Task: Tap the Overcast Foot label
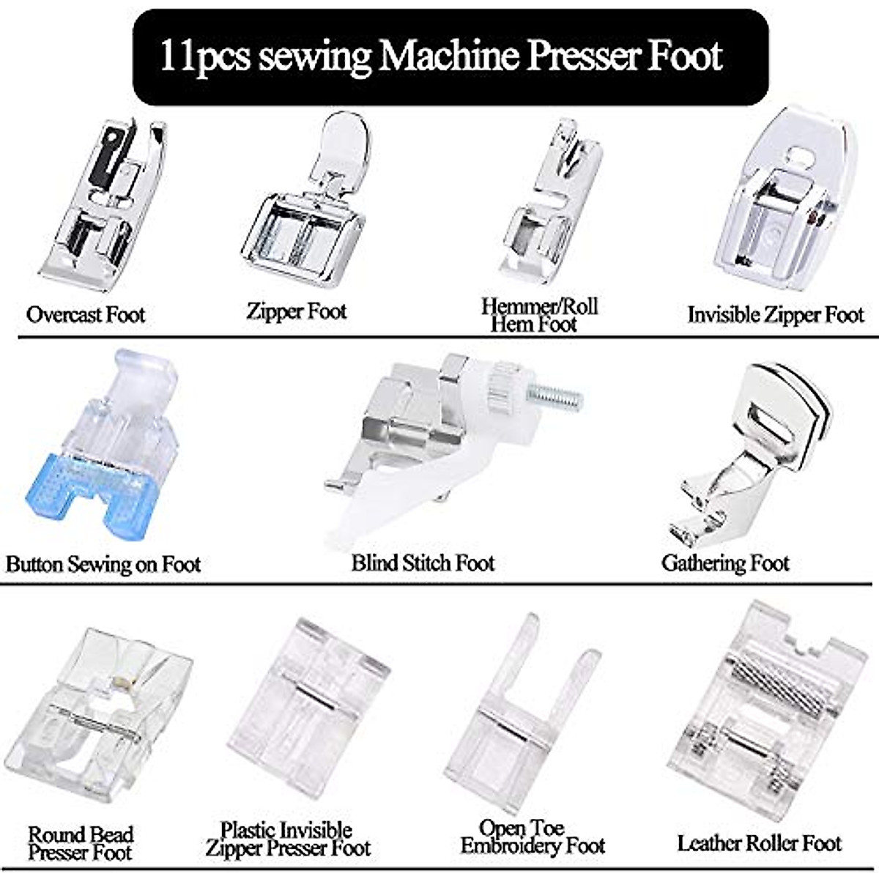point(86,315)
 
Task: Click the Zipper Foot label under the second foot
point(296,311)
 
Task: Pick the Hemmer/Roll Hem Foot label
point(538,315)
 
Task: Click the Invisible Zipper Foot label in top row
point(776,315)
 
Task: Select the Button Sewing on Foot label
point(103,564)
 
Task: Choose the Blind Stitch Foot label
point(423,563)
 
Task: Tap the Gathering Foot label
point(725,563)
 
